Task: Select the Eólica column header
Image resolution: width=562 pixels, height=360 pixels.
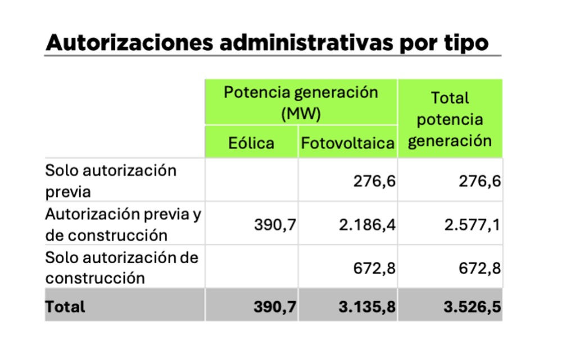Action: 251,143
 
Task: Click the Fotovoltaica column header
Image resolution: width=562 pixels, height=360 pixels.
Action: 348,143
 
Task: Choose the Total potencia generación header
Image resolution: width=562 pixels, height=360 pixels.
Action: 450,119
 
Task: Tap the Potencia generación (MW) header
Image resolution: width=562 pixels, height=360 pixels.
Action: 301,103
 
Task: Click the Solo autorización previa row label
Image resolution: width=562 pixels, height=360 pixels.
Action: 111,181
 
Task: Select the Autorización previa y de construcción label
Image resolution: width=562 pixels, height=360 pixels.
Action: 123,224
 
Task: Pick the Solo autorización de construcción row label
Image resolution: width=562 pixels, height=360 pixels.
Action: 122,268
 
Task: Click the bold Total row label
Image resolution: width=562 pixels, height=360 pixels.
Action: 65,307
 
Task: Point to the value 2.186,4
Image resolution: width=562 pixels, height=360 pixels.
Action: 367,225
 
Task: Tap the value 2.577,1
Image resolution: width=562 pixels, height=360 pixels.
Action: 473,225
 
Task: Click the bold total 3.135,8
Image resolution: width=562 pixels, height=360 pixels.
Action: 367,307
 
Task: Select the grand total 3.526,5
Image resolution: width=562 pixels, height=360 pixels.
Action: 473,307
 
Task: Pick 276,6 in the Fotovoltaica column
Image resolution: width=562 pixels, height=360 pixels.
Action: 374,181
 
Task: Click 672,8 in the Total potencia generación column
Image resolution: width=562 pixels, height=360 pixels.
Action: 479,268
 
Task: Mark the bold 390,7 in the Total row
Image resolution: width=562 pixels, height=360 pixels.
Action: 275,307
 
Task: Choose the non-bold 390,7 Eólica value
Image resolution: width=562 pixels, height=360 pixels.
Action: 275,225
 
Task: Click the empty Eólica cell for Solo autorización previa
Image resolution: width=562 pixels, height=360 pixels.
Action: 252,180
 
